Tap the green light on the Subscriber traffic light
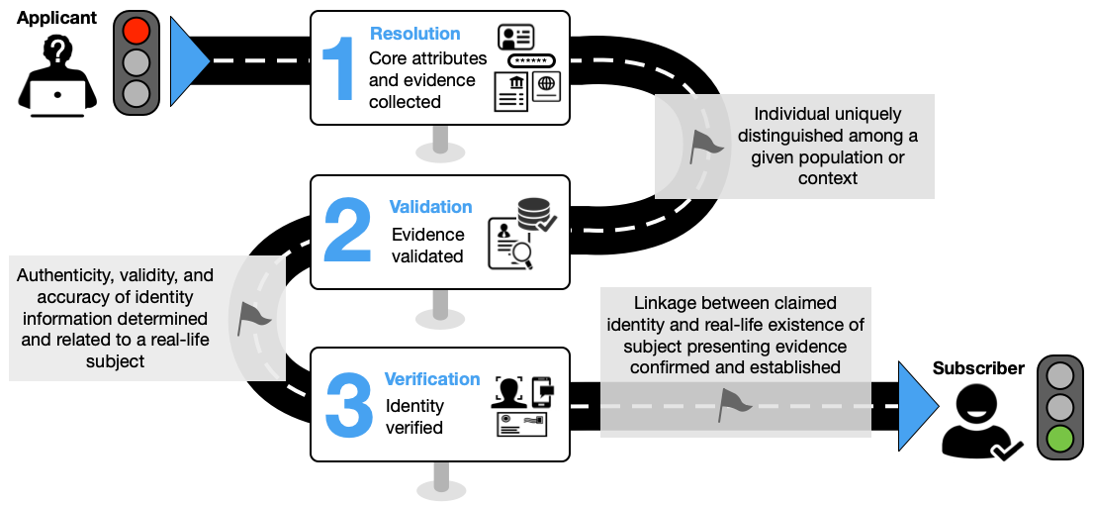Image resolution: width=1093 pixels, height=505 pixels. [1061, 438]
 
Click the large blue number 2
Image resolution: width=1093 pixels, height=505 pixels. [347, 231]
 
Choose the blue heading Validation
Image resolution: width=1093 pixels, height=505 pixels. [430, 207]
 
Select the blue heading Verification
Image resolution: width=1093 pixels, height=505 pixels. [432, 379]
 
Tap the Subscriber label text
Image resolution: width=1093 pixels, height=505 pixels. [978, 368]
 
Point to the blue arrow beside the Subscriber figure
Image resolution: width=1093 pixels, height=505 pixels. [917, 406]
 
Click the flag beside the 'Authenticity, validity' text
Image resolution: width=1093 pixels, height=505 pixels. [253, 317]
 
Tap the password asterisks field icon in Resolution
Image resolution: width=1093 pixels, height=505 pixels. [531, 60]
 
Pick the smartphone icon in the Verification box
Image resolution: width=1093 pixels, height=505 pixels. [542, 392]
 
